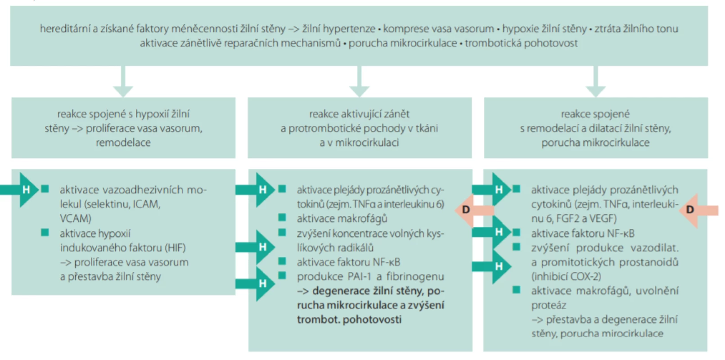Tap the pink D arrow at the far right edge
(x=698, y=210)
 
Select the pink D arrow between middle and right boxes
(x=474, y=210)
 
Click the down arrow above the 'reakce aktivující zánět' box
(x=359, y=81)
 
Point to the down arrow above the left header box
(x=123, y=81)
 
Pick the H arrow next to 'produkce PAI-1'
(x=255, y=284)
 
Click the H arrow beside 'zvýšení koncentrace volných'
(x=255, y=247)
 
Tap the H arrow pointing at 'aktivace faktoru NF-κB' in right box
(x=491, y=232)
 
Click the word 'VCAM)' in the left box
(x=76, y=219)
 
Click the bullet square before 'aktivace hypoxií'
(x=45, y=233)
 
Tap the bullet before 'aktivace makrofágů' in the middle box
(x=282, y=217)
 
